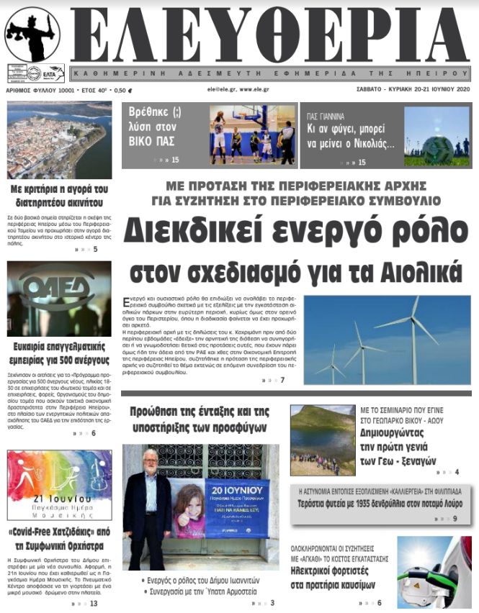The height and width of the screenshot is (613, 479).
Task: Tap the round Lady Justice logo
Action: click(32, 33)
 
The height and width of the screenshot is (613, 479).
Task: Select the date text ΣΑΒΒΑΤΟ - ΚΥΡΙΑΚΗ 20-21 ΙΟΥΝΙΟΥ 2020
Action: click(417, 90)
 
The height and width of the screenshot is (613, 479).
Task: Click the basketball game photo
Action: click(252, 135)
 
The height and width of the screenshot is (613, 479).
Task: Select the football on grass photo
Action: click(437, 136)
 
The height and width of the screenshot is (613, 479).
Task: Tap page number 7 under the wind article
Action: click(282, 380)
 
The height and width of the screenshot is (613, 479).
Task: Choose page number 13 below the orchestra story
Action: click(94, 603)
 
